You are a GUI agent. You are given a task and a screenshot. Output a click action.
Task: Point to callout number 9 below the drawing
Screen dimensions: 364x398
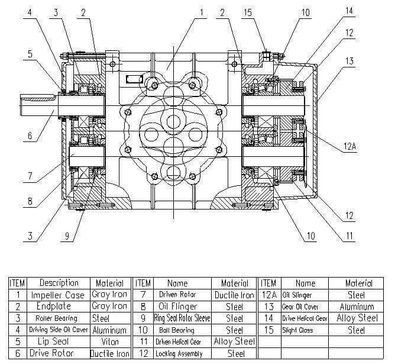pos(67,236)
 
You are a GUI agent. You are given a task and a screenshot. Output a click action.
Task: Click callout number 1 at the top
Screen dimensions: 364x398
pos(200,11)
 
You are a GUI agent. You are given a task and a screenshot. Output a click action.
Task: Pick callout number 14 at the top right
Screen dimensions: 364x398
pos(349,11)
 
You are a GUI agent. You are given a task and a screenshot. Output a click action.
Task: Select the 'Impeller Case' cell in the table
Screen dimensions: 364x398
pos(58,295)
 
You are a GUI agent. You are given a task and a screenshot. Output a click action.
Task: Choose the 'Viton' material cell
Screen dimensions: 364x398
pos(109,342)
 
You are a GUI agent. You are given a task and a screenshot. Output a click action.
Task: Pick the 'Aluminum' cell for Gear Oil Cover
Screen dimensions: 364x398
pos(357,307)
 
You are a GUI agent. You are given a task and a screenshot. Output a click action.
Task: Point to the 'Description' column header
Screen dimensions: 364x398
pos(58,283)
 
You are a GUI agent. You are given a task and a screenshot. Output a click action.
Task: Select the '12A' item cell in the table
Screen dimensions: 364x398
pos(268,295)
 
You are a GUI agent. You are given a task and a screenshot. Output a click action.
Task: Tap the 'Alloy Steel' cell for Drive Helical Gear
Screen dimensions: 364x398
pos(357,318)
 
